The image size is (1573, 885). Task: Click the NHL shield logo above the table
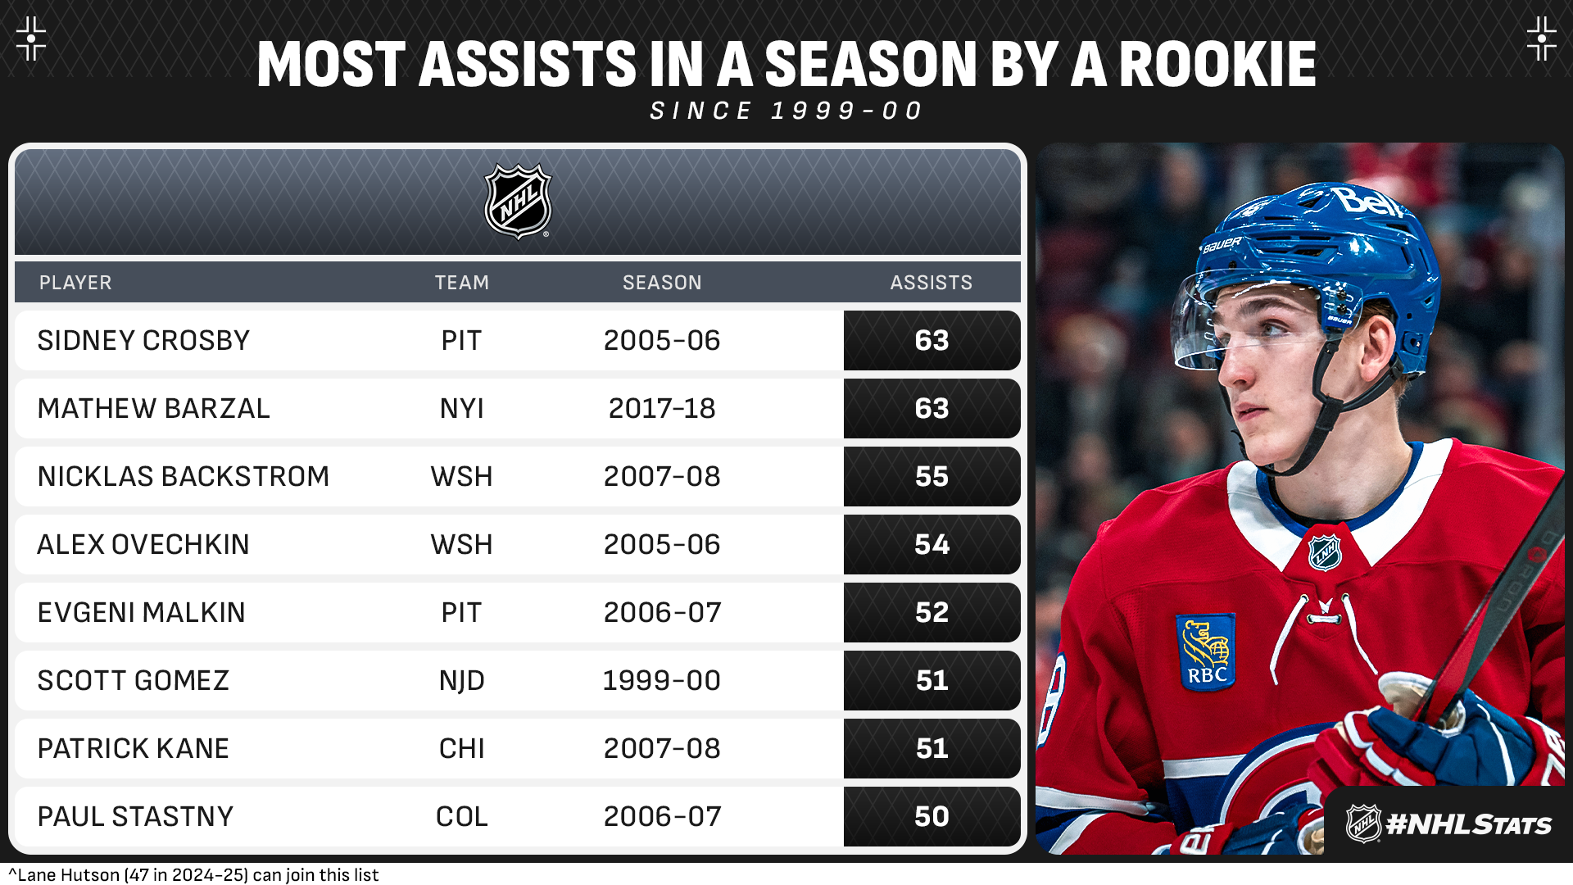(518, 202)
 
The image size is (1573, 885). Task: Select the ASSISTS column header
(931, 283)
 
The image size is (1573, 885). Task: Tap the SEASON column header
(662, 283)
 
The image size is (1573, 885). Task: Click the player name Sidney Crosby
(143, 341)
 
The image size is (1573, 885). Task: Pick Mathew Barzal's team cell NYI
(461, 409)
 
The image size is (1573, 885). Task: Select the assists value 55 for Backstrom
(932, 477)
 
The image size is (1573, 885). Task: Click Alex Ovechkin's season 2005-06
(662, 545)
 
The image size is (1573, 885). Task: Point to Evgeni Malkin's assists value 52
(932, 613)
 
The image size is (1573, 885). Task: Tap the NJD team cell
(461, 681)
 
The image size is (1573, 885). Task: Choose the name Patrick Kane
(133, 749)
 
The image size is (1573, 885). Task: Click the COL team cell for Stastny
(461, 817)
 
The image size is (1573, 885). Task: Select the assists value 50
(932, 817)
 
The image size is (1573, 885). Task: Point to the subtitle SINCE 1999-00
(786, 111)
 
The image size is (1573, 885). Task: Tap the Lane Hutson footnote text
(194, 875)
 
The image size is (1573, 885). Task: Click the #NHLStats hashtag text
(1468, 824)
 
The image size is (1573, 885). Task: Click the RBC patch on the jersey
(1206, 652)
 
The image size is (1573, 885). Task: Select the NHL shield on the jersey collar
(1325, 552)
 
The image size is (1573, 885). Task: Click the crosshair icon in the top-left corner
(31, 39)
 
